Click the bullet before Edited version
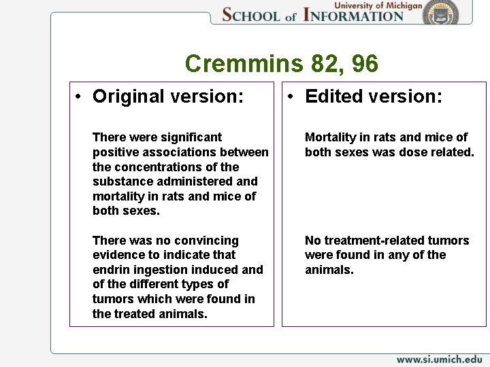click(x=291, y=97)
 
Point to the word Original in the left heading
click(x=129, y=97)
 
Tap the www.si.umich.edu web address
click(x=439, y=359)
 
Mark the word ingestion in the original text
click(x=157, y=270)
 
